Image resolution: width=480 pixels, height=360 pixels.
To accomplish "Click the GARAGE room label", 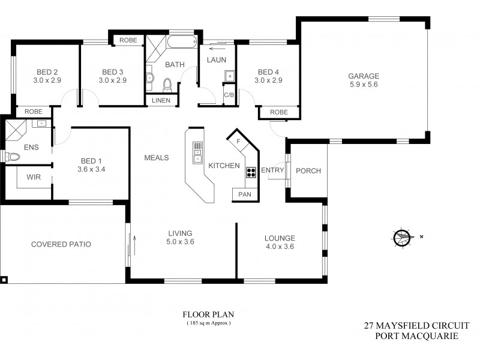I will coord(364,76).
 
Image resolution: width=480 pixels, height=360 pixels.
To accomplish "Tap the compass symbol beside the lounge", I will coord(402,238).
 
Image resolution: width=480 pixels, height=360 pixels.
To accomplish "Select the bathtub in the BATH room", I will coord(181,43).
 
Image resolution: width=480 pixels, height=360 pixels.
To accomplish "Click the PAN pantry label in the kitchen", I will coord(245,194).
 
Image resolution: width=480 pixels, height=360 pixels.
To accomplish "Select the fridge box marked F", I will coord(238,142).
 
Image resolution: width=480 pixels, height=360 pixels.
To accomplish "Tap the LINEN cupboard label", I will coord(160,100).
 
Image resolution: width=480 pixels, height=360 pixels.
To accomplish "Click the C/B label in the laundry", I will coord(229,95).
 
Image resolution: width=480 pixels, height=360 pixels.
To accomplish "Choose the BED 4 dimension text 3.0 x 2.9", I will coord(268,80).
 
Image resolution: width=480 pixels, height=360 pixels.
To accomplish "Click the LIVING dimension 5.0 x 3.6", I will coord(180,242).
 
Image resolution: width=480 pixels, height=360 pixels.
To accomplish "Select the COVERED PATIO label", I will coord(61,244).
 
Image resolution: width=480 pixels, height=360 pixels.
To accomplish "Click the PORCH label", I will coord(308,171).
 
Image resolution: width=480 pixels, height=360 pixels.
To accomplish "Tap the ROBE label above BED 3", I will coord(128,40).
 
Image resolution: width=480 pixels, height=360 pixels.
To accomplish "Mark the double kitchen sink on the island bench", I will coord(197,153).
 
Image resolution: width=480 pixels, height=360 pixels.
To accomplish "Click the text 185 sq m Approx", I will coord(208,323).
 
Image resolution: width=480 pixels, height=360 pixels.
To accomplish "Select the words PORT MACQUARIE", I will coord(416,336).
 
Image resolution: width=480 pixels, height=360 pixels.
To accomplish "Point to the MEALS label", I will coord(156,158).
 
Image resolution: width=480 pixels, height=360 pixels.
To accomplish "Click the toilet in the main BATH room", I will coord(167,83).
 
